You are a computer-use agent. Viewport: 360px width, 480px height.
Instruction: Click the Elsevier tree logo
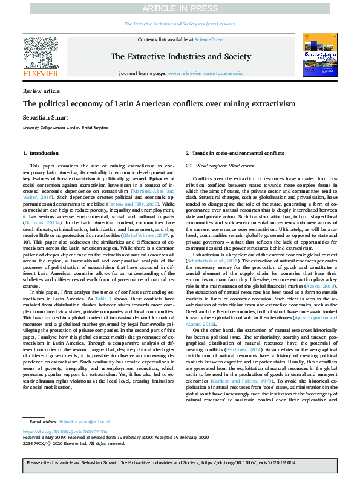(41, 53)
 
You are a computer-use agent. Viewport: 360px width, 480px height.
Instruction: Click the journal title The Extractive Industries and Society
(180, 56)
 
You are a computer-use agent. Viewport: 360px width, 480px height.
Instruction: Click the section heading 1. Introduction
(41, 154)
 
